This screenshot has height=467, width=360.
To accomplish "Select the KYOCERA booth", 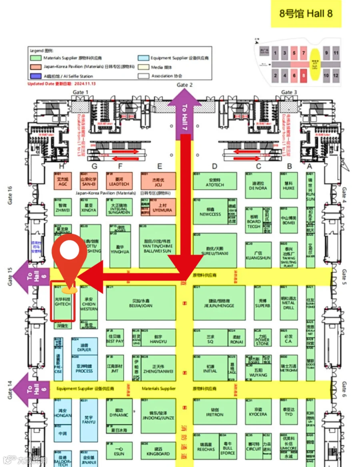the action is (258, 412).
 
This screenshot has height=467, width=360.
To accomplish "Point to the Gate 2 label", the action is (185, 85).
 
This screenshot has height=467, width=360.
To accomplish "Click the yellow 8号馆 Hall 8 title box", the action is (306, 14).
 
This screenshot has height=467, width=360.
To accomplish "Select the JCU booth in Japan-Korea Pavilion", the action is (159, 182).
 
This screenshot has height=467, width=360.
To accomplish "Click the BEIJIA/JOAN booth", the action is (141, 302).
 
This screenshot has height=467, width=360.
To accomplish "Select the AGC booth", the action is (62, 182).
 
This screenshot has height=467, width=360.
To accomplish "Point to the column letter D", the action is (215, 166).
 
